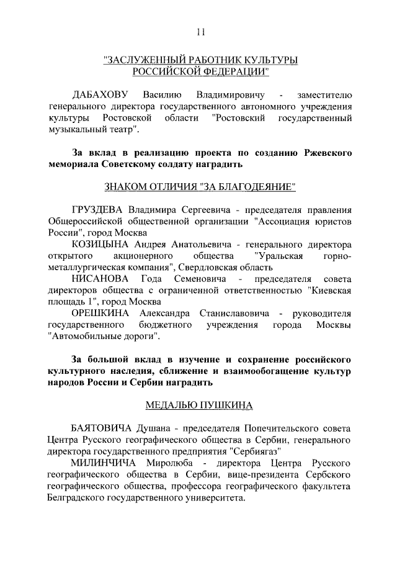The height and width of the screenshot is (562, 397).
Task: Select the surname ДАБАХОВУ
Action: coord(100,95)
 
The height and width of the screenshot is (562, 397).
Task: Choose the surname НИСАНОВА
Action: coord(102,279)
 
